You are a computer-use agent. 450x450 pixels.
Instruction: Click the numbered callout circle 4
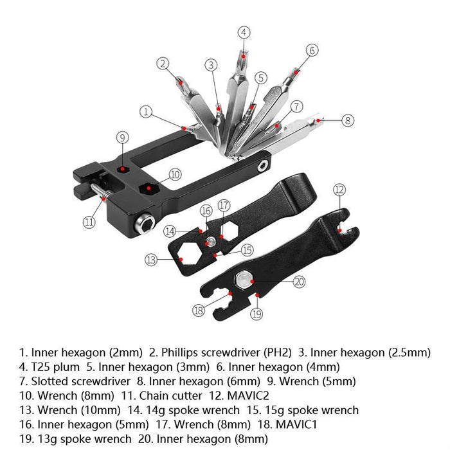click(244, 32)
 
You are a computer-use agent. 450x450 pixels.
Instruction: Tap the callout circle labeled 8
click(347, 120)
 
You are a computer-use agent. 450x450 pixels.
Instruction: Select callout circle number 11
click(89, 222)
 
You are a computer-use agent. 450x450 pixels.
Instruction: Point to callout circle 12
click(339, 190)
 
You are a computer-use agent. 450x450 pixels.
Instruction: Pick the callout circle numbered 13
click(151, 260)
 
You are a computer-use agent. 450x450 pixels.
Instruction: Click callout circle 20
click(299, 281)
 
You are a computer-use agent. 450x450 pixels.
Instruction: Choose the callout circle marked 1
click(147, 112)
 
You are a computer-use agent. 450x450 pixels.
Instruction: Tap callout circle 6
click(312, 50)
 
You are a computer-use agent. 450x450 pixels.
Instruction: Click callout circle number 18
click(198, 310)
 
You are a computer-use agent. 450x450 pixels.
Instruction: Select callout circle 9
click(123, 136)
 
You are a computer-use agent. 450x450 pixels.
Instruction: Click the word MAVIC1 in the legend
click(298, 424)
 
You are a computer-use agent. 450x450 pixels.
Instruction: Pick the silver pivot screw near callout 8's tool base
click(262, 166)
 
